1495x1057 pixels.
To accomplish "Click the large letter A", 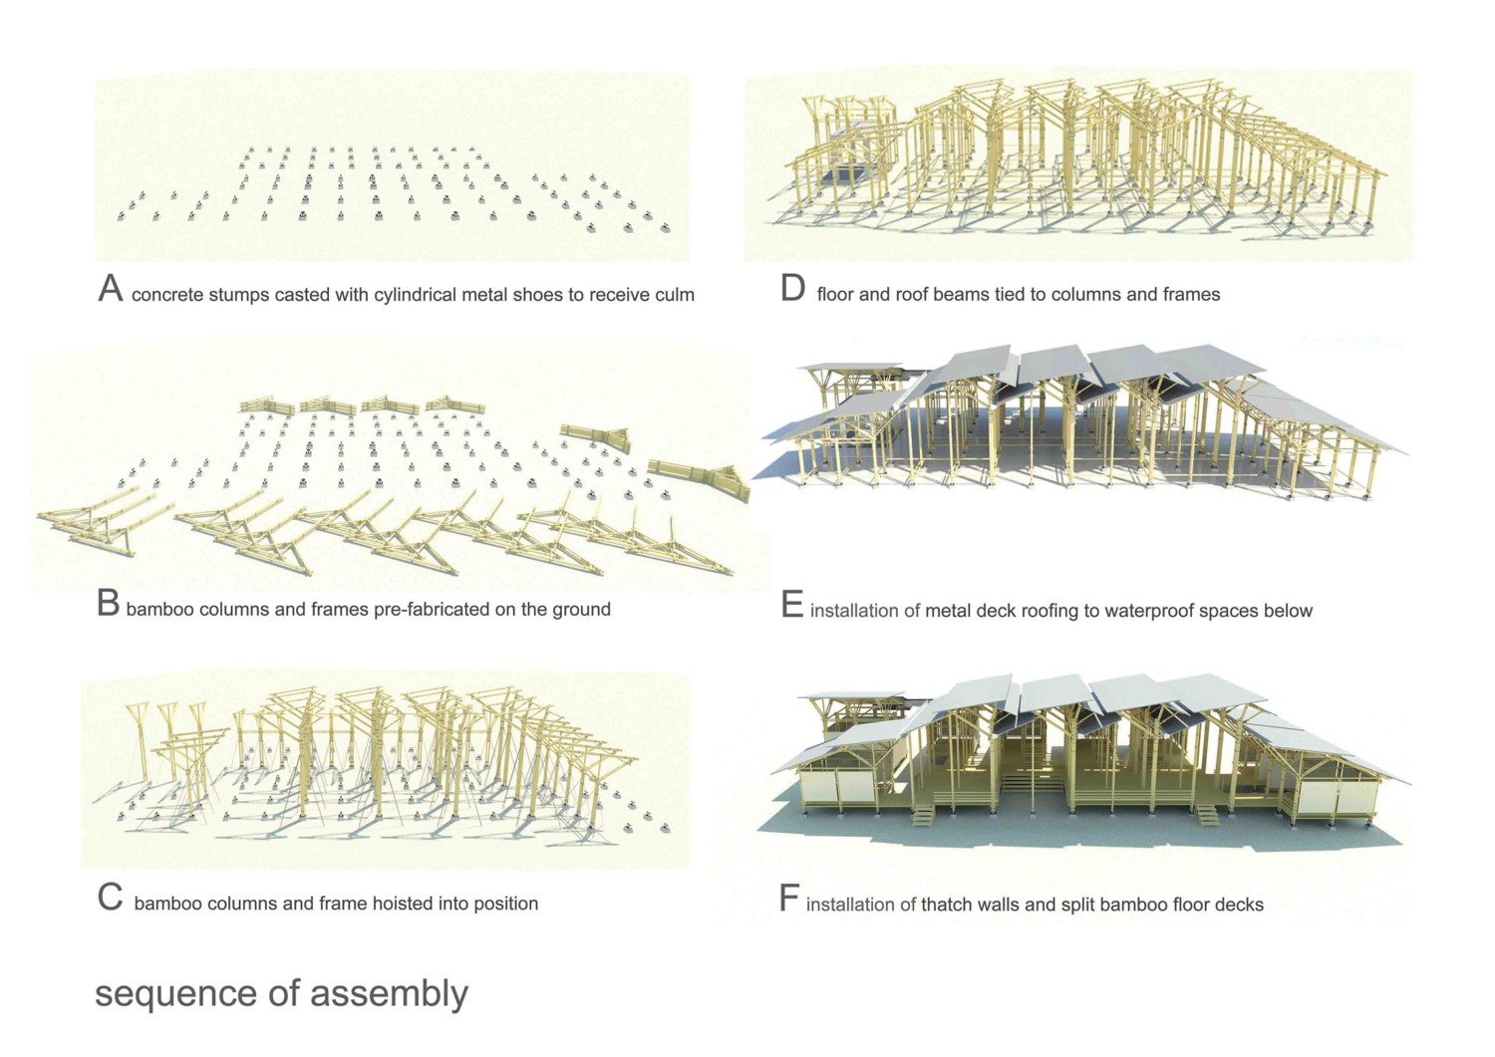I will [x=110, y=289].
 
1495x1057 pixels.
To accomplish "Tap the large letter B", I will [x=108, y=604].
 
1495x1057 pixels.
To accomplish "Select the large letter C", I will [x=110, y=898].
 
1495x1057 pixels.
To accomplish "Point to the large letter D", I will [x=792, y=289].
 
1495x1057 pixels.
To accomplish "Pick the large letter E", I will [x=791, y=605].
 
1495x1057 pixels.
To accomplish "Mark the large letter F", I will [x=788, y=899].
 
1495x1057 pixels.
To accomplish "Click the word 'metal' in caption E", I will [x=948, y=611].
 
